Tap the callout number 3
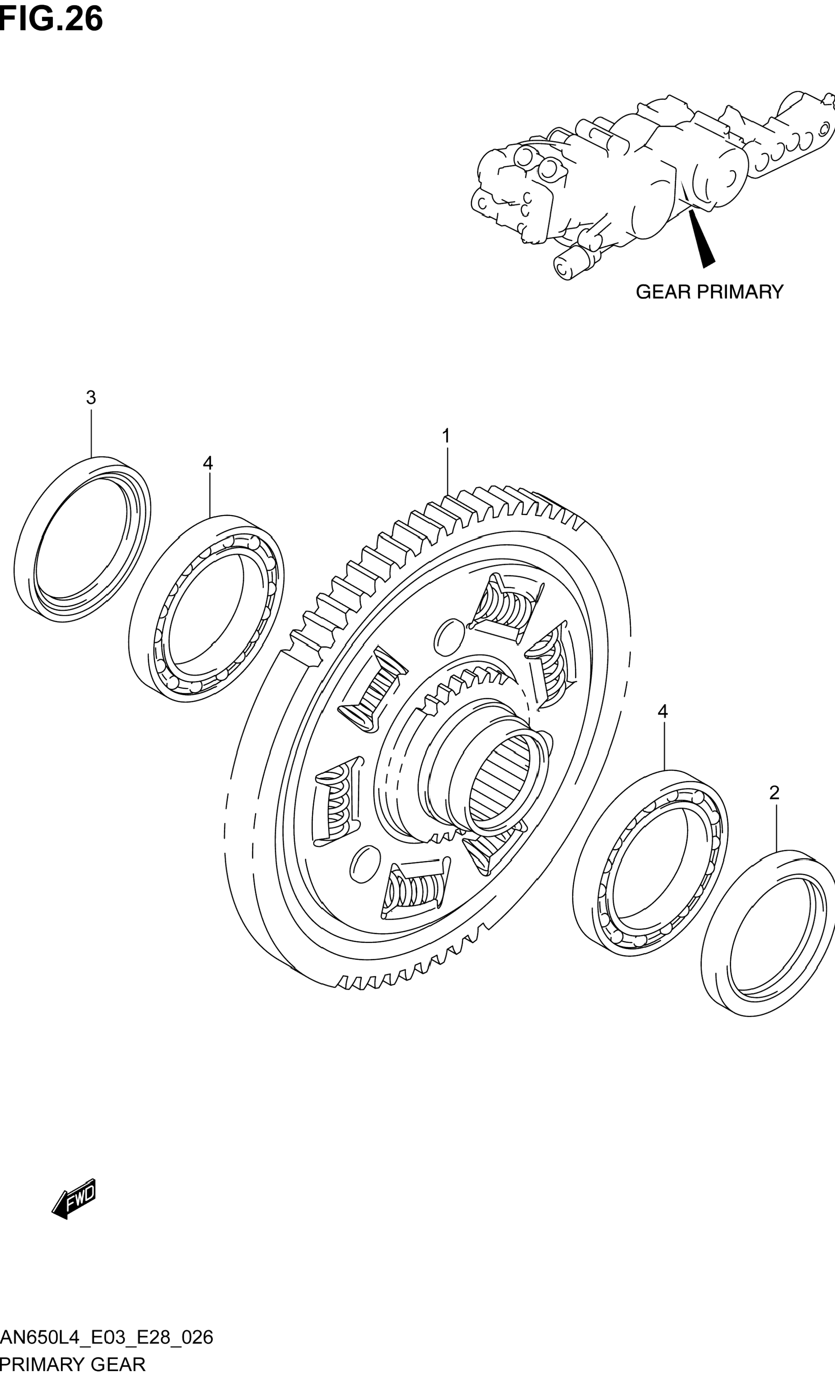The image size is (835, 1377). tap(90, 398)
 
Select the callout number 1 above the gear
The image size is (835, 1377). tap(446, 436)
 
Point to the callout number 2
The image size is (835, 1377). tap(774, 793)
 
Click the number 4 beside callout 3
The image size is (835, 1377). tap(208, 463)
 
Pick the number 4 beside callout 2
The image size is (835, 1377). tap(663, 711)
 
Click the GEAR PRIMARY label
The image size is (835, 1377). tap(709, 292)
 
